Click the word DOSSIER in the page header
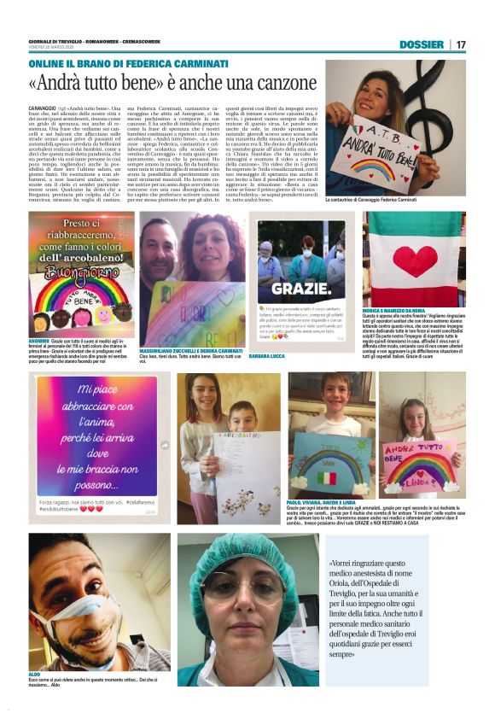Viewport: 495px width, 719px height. tap(422, 44)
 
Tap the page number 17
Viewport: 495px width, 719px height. tap(461, 44)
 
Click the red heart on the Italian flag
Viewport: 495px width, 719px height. tap(414, 259)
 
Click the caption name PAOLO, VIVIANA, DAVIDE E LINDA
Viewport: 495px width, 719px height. tap(320, 502)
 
